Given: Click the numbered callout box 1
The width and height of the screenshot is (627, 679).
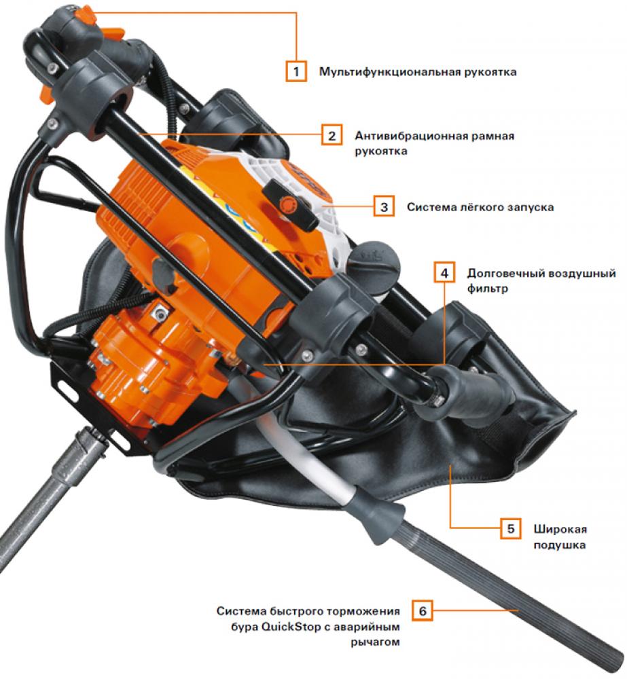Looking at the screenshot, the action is pos(296,71).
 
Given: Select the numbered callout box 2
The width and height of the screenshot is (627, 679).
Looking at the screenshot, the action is pos(332,135).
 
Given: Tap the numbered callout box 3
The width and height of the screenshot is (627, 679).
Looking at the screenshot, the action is pos(384,206).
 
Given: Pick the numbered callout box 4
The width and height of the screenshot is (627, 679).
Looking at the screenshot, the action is pos(444,273).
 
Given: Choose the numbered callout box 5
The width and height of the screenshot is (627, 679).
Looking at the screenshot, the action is pos(511,528).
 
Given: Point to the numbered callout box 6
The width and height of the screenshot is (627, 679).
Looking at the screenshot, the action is pos(423,610).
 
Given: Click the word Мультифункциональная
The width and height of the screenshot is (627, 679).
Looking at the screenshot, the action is pos(389,72).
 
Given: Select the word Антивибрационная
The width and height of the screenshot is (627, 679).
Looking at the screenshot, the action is pos(410,136).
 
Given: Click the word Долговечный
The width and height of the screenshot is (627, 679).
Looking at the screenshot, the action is pos(505,274).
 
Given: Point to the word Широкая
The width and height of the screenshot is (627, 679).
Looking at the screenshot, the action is pos(560,529).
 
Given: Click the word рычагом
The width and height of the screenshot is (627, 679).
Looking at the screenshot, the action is pos(375,642).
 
